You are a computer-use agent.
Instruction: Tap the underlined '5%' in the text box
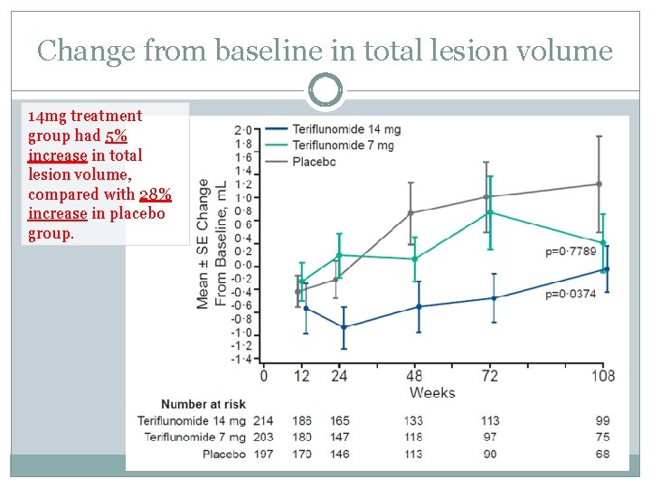click(x=115, y=136)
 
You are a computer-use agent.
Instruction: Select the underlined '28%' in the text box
click(x=156, y=194)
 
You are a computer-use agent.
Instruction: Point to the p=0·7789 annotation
click(x=571, y=252)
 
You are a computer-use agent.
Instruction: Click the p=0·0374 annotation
click(x=571, y=295)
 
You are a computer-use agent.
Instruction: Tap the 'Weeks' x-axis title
click(x=432, y=392)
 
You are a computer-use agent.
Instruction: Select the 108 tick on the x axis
click(x=602, y=376)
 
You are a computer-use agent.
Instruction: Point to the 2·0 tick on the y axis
click(x=242, y=129)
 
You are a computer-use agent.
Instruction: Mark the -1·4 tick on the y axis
click(x=241, y=359)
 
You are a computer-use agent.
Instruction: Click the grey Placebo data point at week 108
click(x=599, y=184)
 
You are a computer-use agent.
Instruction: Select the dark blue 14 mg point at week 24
click(x=344, y=327)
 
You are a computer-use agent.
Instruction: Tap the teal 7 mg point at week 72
click(x=490, y=212)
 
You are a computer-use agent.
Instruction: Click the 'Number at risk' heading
click(x=203, y=404)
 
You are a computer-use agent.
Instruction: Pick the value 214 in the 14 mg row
click(x=263, y=420)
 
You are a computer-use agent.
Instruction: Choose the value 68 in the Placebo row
click(x=602, y=454)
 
